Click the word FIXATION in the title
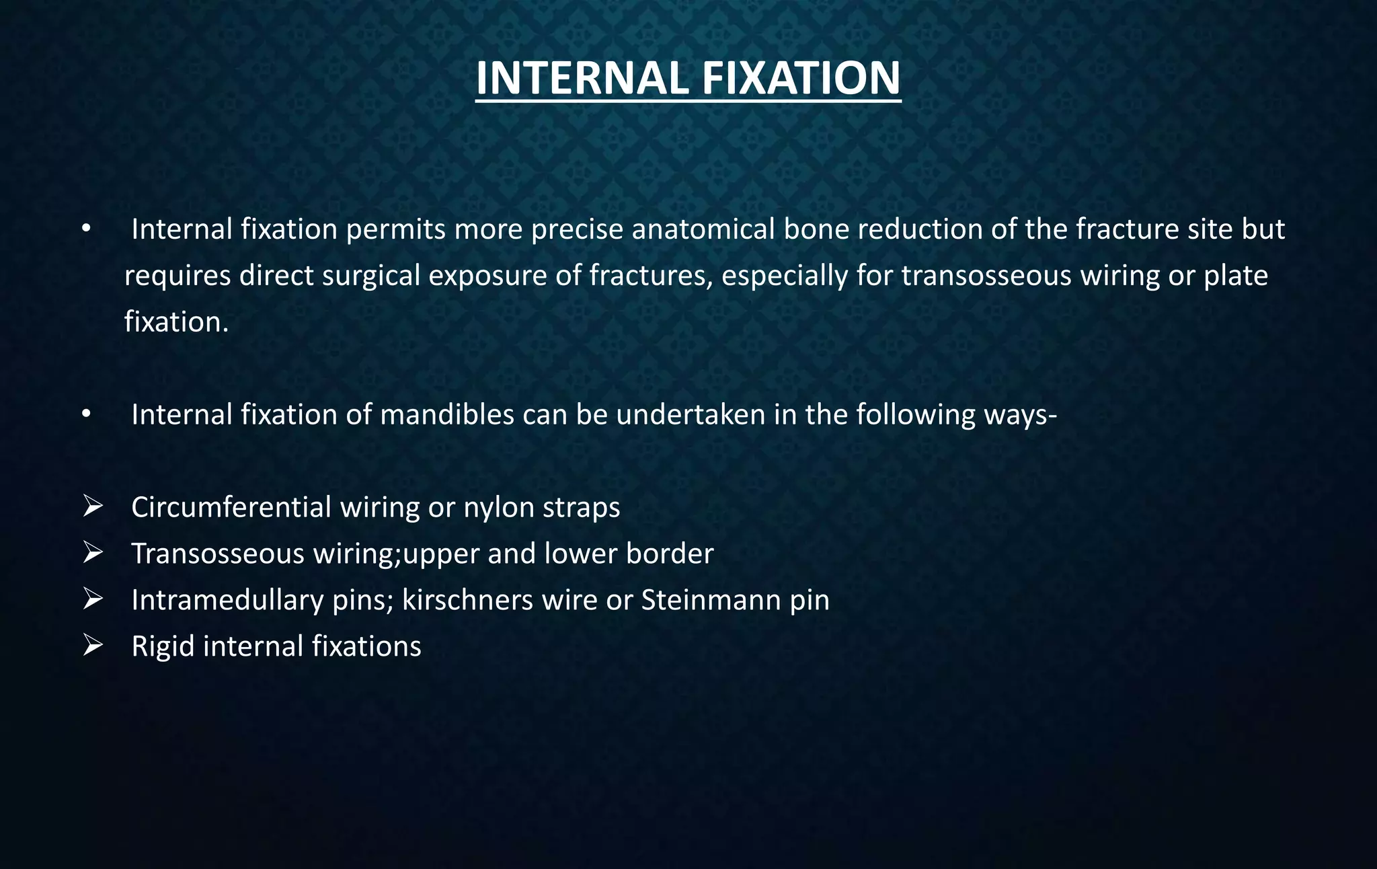[x=801, y=79]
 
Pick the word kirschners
[x=467, y=600]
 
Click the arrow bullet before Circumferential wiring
[x=92, y=506]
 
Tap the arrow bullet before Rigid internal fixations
[x=92, y=646]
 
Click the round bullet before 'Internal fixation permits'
[x=85, y=230]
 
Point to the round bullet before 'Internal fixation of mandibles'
[x=85, y=415]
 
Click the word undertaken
[x=691, y=414]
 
